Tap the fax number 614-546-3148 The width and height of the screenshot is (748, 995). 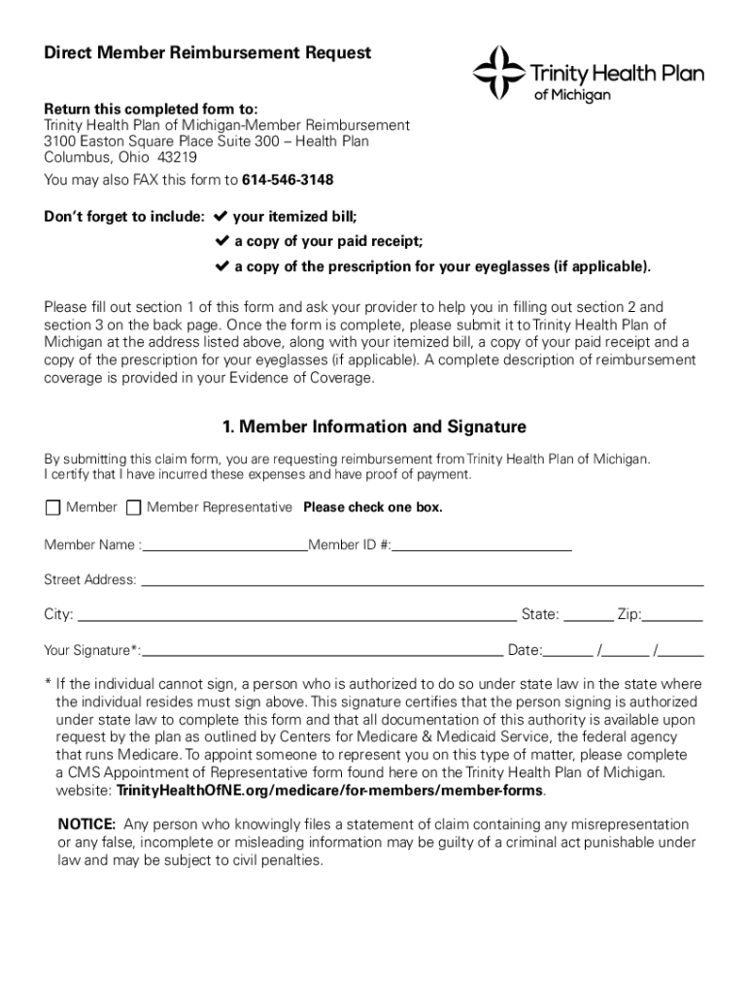288,180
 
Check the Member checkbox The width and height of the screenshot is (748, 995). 52,508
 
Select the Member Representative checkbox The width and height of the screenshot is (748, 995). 133,508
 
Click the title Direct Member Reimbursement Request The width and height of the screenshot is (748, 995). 207,53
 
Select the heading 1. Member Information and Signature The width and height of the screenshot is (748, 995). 374,427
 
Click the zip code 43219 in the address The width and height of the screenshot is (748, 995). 177,157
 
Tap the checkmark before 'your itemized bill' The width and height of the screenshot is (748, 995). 220,216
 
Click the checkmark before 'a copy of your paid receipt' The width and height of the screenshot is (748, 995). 220,241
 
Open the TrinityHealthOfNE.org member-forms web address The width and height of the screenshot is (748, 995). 329,790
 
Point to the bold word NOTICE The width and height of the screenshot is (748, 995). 87,825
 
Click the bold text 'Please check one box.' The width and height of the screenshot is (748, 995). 373,508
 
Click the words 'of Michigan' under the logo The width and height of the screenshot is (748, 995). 573,95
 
